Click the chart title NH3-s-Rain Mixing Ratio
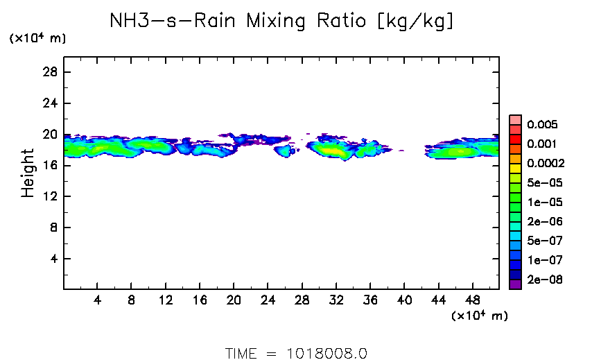pyautogui.click(x=282, y=22)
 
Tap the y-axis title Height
pyautogui.click(x=28, y=173)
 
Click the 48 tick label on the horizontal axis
pyautogui.click(x=472, y=302)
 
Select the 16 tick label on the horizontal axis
pyautogui.click(x=199, y=302)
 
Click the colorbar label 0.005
pyautogui.click(x=542, y=125)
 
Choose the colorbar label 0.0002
pyautogui.click(x=546, y=164)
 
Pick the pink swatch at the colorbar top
pyautogui.click(x=515, y=119)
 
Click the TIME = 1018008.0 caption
pyautogui.click(x=296, y=352)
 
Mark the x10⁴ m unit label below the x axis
pyautogui.click(x=479, y=316)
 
